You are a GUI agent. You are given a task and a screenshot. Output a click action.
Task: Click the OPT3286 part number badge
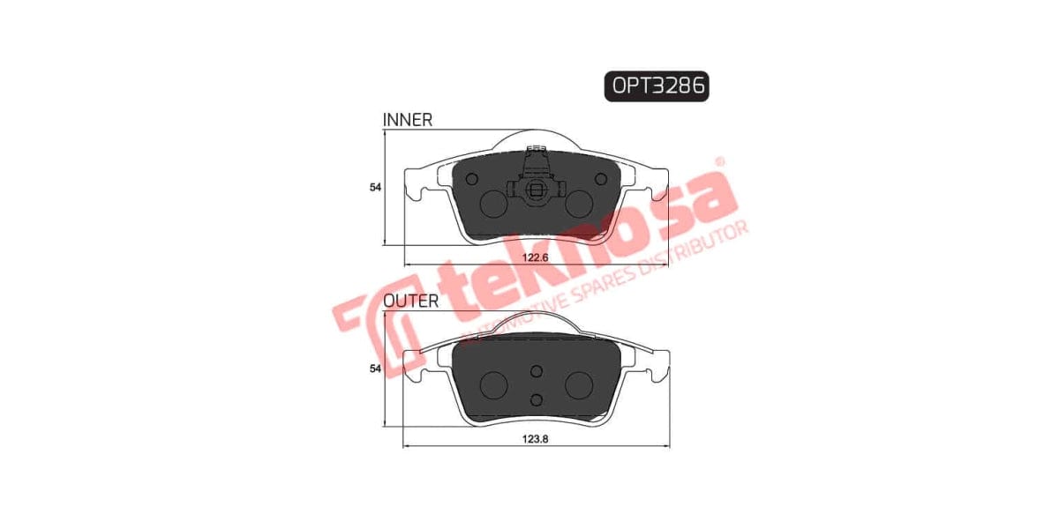(657, 86)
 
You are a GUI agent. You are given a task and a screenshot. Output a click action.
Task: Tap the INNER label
(407, 120)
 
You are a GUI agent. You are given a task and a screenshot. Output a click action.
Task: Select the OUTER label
(410, 301)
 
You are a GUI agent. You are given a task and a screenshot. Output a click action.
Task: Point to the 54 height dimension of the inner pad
(375, 187)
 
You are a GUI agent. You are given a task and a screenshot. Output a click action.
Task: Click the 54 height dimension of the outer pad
(375, 368)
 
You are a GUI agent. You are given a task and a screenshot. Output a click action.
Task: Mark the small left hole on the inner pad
(470, 179)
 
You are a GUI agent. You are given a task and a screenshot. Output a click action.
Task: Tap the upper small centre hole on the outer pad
(536, 372)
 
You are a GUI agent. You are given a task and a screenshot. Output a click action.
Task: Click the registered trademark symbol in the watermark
(719, 163)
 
